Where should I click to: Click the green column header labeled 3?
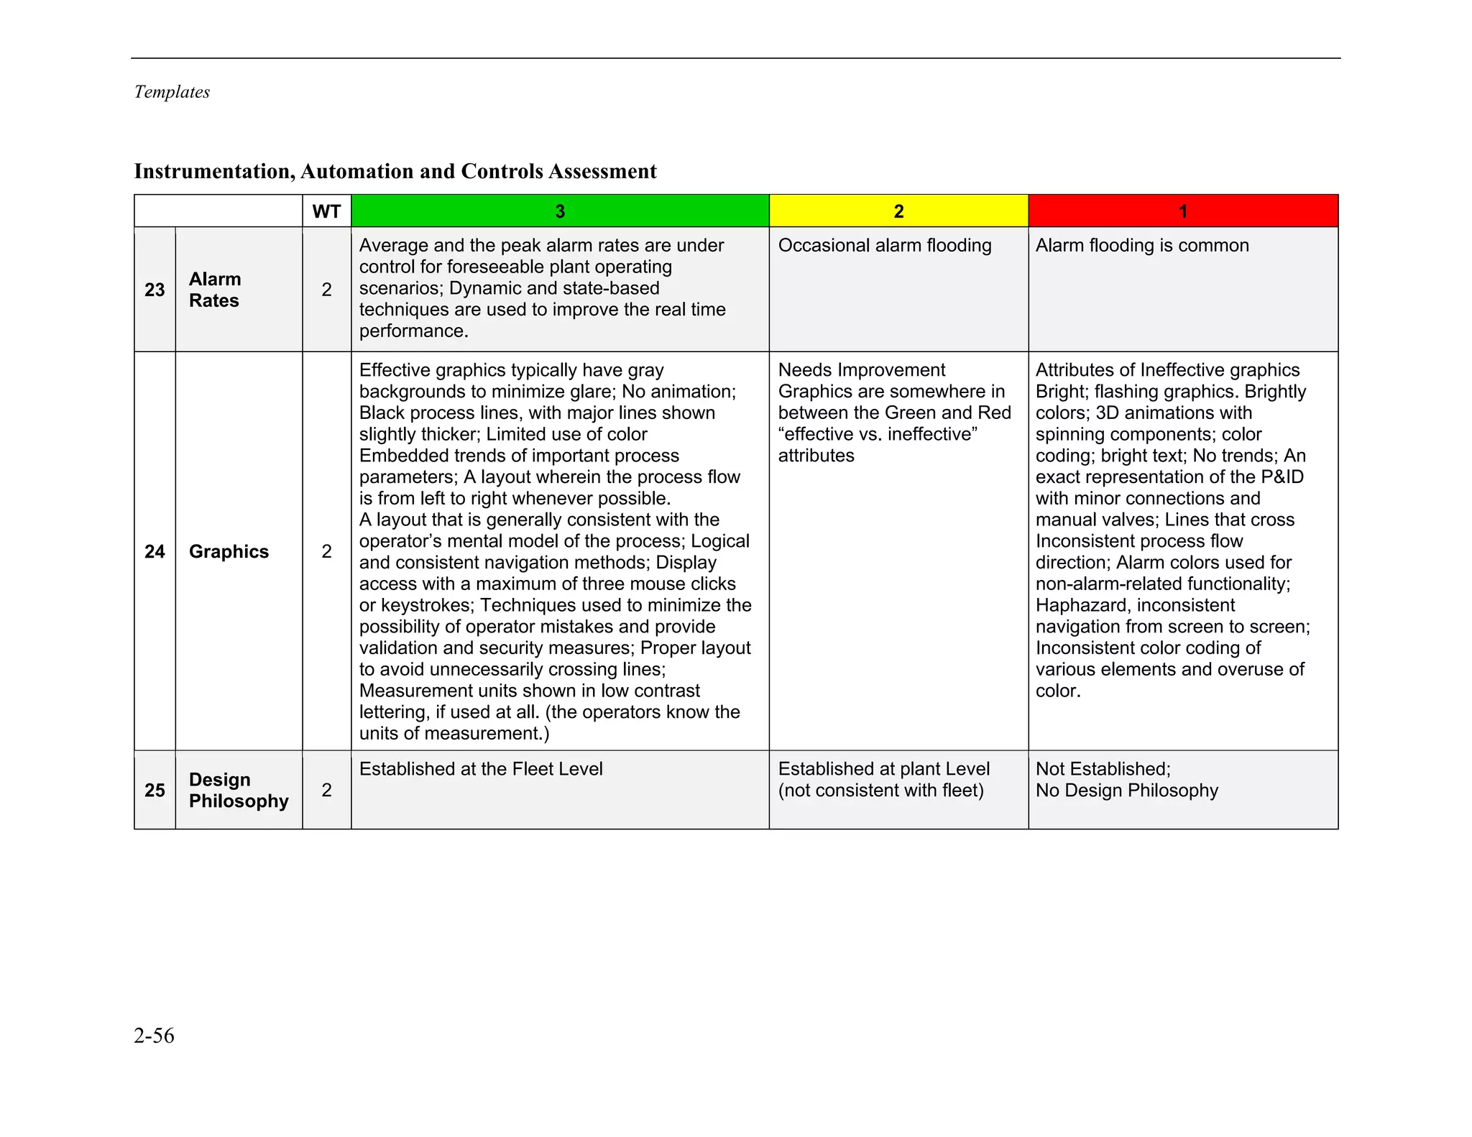coord(560,211)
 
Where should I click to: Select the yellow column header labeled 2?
coord(898,211)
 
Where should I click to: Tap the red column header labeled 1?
coord(1183,211)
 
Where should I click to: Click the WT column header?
coord(326,211)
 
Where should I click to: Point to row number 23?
coord(155,290)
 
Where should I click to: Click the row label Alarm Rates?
coord(215,290)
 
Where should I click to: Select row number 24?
coord(155,551)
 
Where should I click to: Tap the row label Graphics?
coord(229,551)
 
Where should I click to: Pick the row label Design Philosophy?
coord(238,790)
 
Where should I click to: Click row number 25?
coord(155,790)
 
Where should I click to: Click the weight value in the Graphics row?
coord(326,551)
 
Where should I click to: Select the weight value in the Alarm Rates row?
coord(326,290)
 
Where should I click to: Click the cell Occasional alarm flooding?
coord(884,246)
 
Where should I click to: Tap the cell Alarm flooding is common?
coord(1141,246)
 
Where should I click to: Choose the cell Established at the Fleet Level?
coord(481,769)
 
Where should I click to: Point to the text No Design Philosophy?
coord(1126,791)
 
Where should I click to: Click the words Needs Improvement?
coord(861,370)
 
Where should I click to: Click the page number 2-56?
coord(154,1036)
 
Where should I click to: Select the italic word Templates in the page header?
coord(172,92)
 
